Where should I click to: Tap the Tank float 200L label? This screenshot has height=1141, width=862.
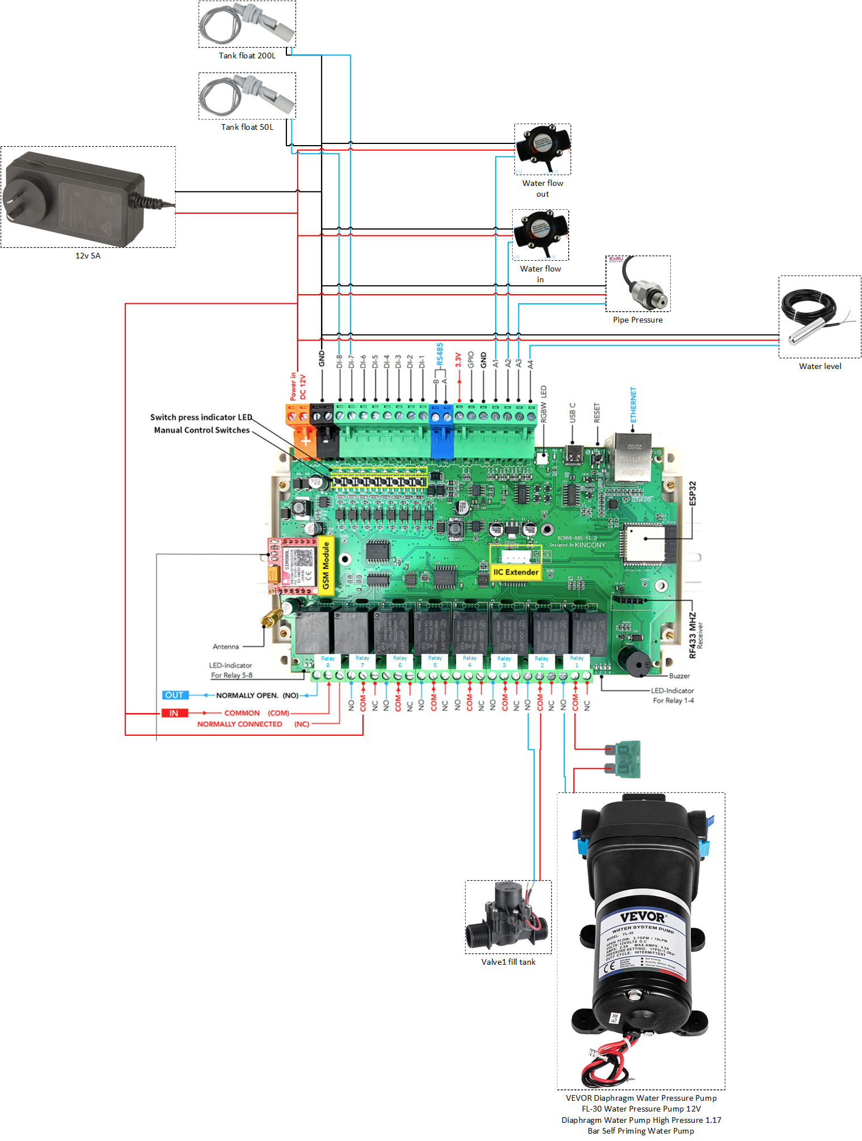point(247,56)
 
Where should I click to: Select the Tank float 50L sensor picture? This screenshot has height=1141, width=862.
point(247,95)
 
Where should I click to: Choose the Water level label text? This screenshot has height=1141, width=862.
point(820,366)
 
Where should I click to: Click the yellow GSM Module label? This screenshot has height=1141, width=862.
point(326,565)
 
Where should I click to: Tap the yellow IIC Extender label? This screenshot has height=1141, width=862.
point(515,572)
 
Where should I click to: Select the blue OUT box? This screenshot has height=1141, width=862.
point(174,695)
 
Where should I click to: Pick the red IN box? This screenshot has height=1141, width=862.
point(174,713)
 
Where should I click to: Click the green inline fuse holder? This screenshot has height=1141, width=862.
point(626,759)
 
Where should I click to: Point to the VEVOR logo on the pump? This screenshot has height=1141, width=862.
point(643,917)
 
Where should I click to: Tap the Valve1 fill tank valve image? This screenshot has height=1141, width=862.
point(507,917)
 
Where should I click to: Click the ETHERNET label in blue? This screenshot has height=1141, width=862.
point(633,405)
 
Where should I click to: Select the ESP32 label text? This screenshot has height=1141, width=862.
point(692,493)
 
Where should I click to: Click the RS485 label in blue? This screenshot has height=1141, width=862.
point(440,354)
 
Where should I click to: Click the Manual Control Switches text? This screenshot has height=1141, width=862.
point(202,430)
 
